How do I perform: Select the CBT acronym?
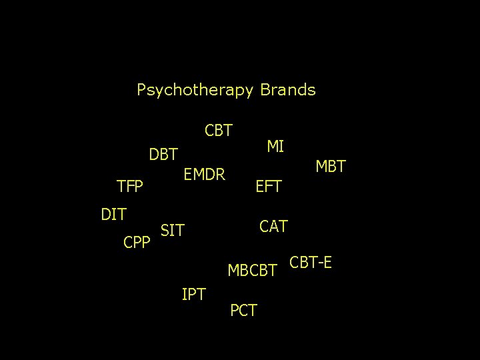[x=219, y=130]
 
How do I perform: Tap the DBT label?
[x=163, y=155]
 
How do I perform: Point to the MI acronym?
[x=275, y=146]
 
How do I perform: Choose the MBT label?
[x=331, y=167]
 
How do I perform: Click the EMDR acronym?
[x=205, y=175]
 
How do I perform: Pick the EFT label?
[x=269, y=187]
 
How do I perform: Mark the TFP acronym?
[x=130, y=187]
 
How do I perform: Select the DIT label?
[x=114, y=214]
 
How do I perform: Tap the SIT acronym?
[x=173, y=231]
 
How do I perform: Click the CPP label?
[x=138, y=242]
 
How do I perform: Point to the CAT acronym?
[x=273, y=227]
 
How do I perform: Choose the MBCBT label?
[x=253, y=271]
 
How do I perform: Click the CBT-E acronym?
[x=311, y=263]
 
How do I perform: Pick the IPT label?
[x=193, y=293]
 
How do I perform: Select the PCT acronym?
[x=243, y=310]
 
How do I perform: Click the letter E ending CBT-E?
[x=327, y=263]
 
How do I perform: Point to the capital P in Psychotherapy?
[x=141, y=89]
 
